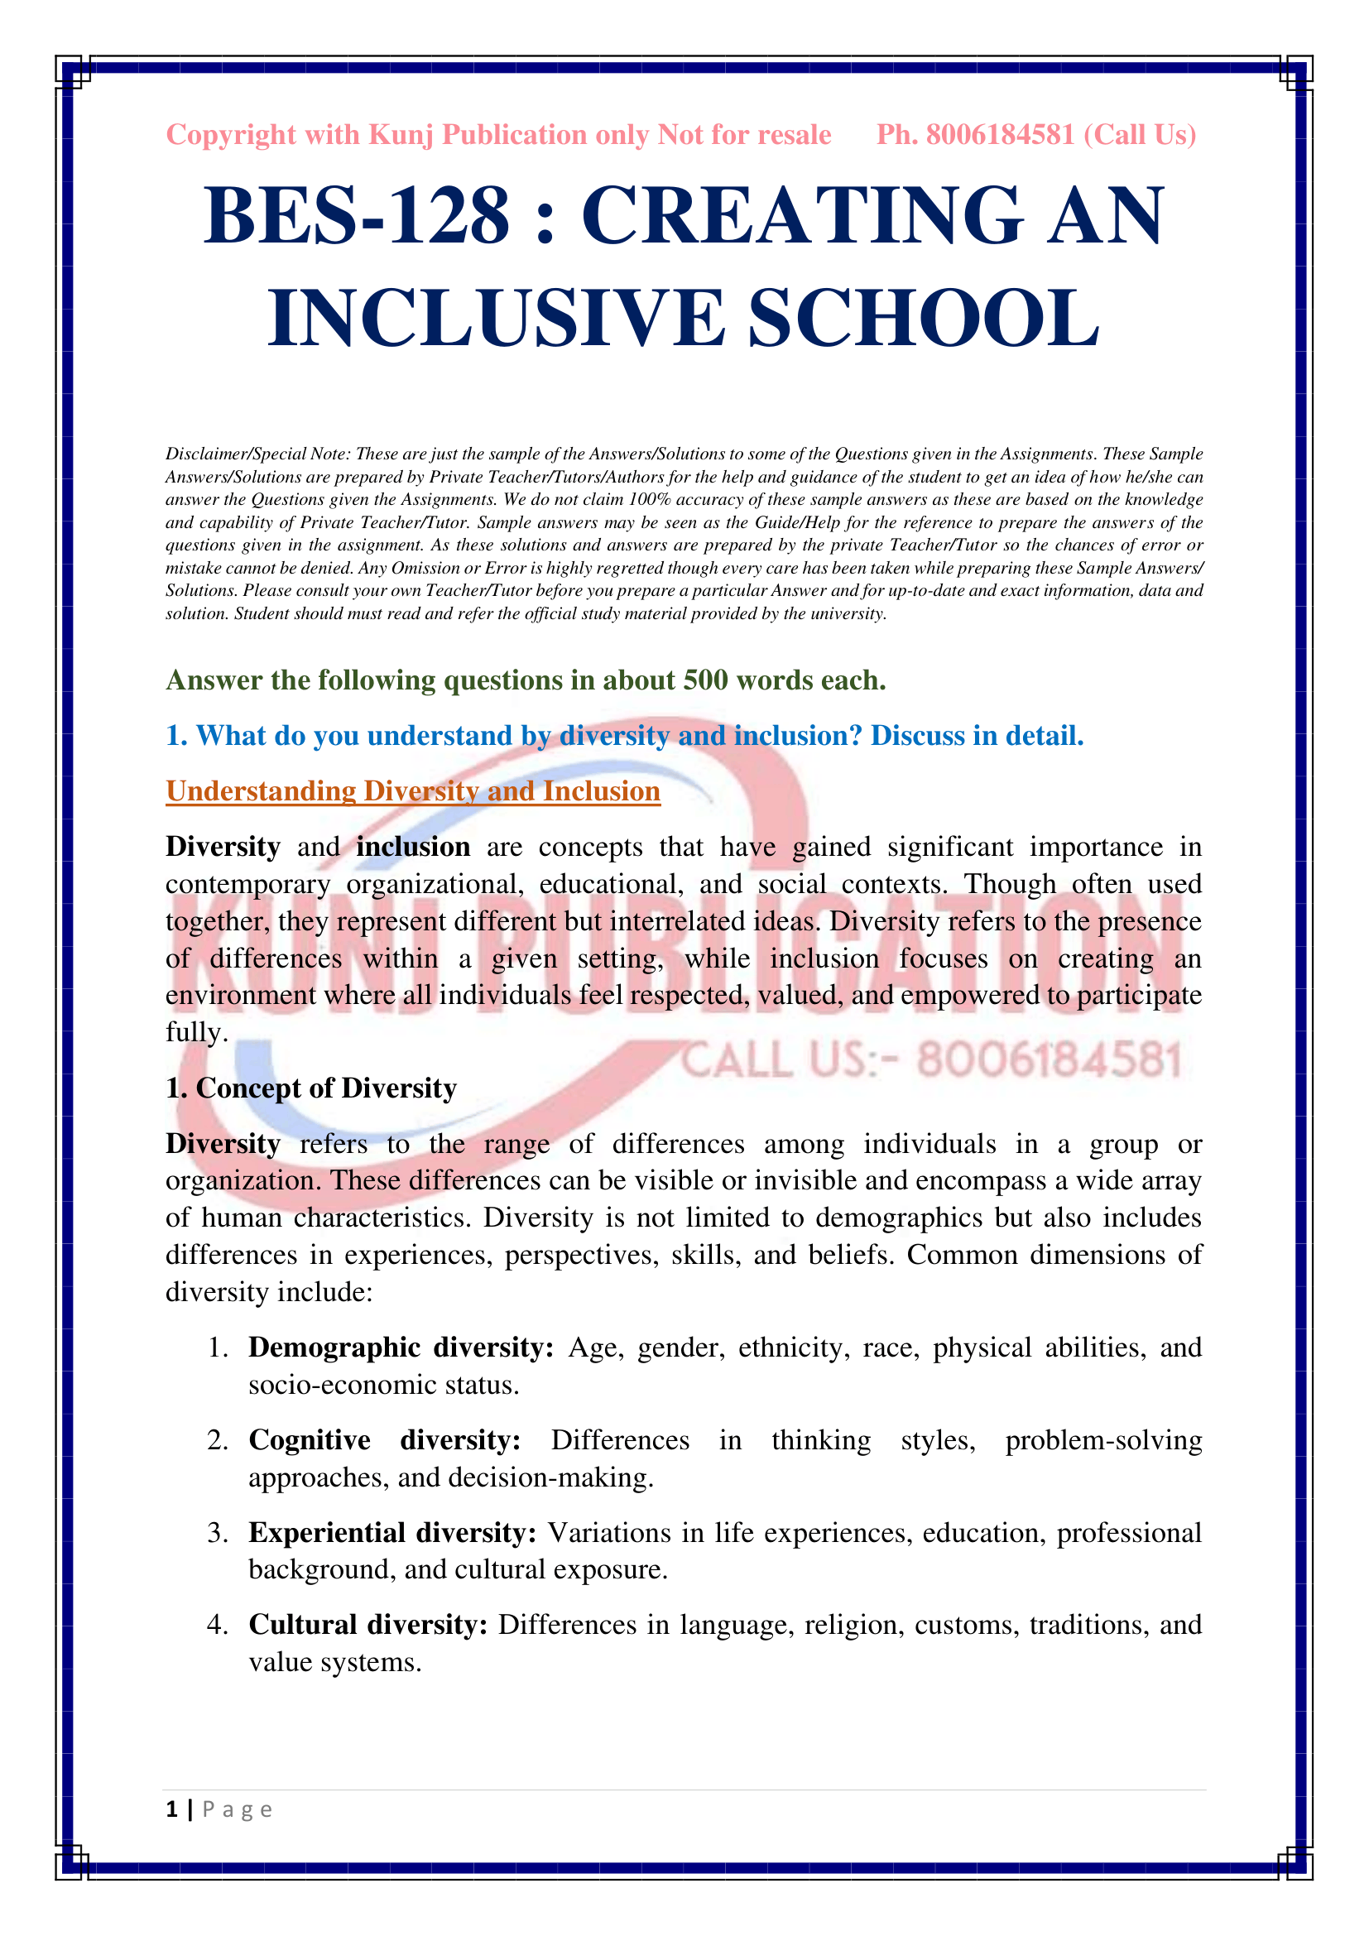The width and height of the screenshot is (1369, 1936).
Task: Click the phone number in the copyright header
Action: (1000, 135)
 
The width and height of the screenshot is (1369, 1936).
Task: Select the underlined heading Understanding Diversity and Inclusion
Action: (413, 792)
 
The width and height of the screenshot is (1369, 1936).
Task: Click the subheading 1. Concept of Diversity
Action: (311, 1088)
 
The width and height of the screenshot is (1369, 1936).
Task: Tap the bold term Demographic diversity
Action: (401, 1348)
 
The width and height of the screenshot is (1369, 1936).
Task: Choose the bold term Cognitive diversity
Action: (384, 1440)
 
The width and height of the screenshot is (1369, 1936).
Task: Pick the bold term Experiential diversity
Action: (392, 1533)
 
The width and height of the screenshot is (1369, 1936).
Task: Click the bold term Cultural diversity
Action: (368, 1625)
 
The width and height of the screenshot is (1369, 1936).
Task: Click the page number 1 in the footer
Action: (172, 1809)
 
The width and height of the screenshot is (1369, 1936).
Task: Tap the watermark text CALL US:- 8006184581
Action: (931, 1060)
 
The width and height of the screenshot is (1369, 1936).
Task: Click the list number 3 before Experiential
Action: (218, 1533)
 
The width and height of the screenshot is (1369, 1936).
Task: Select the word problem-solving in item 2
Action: (1103, 1440)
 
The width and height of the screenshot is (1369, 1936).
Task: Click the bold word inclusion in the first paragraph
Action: (413, 848)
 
